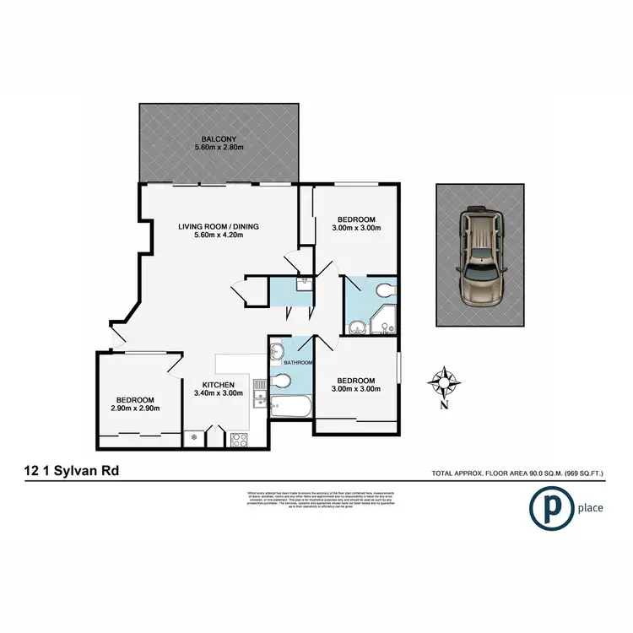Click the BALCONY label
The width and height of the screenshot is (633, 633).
218,139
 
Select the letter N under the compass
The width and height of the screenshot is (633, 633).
443,405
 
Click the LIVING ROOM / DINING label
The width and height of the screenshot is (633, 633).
218,226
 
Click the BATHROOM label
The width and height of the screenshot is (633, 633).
298,363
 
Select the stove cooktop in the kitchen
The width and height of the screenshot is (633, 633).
239,438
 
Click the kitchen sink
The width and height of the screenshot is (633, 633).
262,393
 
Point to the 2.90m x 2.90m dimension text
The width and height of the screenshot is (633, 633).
135,408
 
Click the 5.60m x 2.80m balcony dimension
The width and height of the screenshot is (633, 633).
218,149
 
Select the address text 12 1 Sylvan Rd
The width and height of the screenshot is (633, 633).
73,473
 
